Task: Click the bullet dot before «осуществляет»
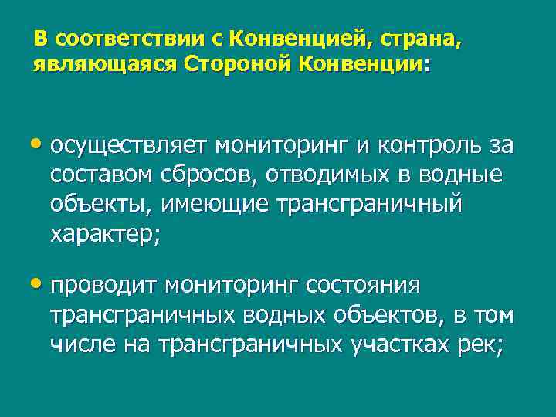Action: (39, 145)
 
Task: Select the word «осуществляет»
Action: (129, 145)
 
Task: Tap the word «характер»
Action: (102, 236)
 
